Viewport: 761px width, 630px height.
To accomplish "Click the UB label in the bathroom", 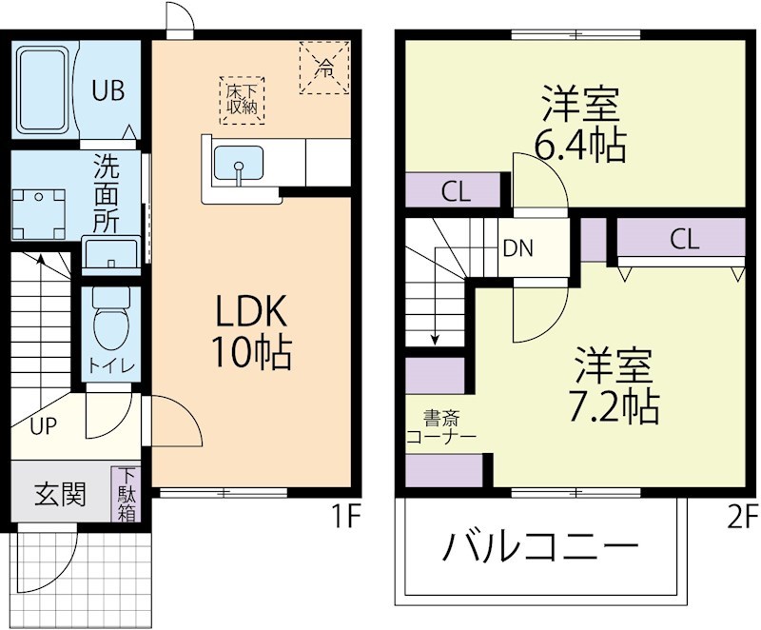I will point(107,91).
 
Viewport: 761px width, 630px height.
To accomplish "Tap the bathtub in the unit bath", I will point(43,89).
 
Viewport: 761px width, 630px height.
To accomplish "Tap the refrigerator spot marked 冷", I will point(325,68).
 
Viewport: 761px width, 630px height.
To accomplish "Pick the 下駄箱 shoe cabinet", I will point(127,494).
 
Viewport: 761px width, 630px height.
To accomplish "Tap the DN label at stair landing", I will point(518,248).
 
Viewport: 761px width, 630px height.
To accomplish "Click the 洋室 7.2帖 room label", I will point(615,385).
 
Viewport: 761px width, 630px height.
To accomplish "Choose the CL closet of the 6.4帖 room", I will point(456,191).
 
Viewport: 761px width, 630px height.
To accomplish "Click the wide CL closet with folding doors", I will point(683,240).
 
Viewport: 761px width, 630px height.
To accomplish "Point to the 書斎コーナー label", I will point(440,426).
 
